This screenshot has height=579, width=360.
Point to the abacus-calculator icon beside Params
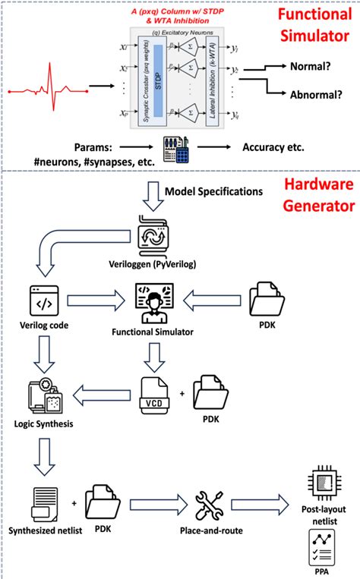click(x=180, y=149)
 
